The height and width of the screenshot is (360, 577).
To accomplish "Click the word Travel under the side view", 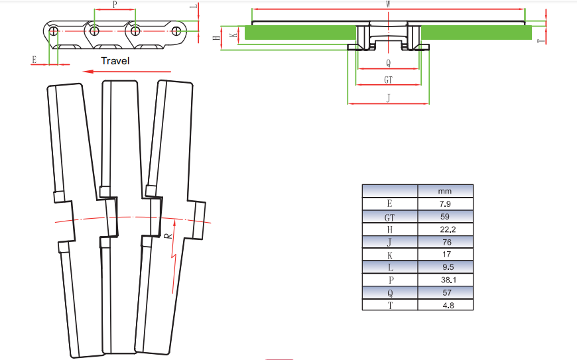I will [x=115, y=61].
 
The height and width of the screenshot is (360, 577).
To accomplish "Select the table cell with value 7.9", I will [x=446, y=204].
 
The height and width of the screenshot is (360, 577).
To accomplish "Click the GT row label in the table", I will [x=389, y=216].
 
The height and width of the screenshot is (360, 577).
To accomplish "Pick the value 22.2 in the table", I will [x=446, y=229].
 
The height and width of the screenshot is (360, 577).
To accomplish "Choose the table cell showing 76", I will [x=446, y=241].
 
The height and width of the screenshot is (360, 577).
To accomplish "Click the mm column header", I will [x=446, y=191].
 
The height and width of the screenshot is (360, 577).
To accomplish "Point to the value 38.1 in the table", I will [x=446, y=279].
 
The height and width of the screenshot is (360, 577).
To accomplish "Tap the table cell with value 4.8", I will [x=446, y=304].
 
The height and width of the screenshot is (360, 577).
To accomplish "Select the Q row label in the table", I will [x=389, y=292].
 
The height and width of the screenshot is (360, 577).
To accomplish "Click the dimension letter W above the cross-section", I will [x=387, y=4].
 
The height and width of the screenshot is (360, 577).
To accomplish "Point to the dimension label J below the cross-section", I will [x=388, y=97].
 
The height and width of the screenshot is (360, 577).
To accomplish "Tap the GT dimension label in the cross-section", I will [x=388, y=80].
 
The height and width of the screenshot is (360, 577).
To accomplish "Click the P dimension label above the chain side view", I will [x=115, y=5].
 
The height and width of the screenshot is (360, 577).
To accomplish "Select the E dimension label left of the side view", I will [x=34, y=60].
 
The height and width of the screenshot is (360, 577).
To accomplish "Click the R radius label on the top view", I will [x=168, y=235].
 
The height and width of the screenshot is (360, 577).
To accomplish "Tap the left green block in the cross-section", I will [x=300, y=32].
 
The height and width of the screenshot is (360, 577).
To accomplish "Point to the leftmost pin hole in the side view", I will [x=54, y=30].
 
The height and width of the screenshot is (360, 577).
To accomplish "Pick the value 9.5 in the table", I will [x=446, y=267].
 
